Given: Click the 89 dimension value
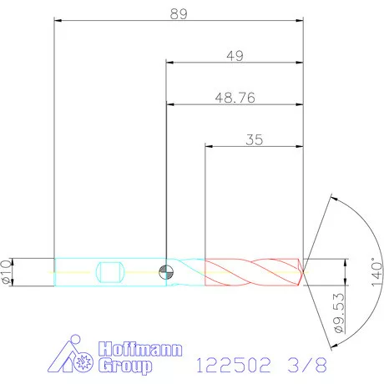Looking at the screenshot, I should click(177, 13).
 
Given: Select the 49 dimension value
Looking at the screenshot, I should click(235, 56).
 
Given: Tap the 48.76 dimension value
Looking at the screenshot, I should click(235, 98).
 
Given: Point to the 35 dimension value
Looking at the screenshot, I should click(255, 140).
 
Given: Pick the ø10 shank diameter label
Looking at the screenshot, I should click(7, 273).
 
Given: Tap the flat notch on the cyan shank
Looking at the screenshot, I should click(111, 272).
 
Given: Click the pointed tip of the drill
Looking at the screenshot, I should click(304, 271).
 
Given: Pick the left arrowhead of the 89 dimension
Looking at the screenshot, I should click(58, 20).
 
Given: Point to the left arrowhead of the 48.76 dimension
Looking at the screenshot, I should click(170, 104).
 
